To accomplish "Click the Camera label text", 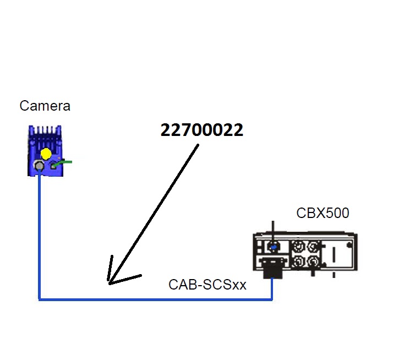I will (45, 106).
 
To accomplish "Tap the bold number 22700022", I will (202, 130).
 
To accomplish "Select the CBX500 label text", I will (323, 212).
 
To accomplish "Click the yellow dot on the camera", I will (46, 154).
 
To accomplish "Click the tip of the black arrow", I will (110, 283).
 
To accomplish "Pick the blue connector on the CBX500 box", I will (273, 246).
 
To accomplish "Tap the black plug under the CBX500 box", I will (271, 269).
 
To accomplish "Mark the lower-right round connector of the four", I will (314, 261).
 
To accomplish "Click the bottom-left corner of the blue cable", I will (40, 299).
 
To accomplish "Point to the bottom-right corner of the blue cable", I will (272, 299).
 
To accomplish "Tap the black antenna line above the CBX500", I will (272, 228).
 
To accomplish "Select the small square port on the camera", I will (54, 165).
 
